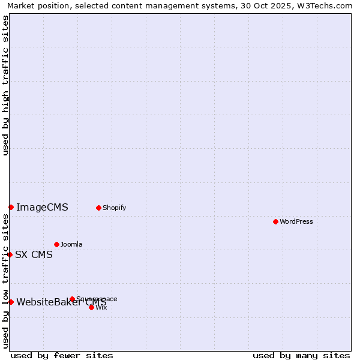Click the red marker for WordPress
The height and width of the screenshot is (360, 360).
click(x=275, y=221)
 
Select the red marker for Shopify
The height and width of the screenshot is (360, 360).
click(x=98, y=208)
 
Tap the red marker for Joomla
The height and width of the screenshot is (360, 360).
click(x=56, y=244)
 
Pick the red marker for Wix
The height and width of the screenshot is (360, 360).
click(x=91, y=307)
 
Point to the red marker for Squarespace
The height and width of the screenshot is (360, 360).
click(x=72, y=299)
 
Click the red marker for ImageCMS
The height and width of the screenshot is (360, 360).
click(x=11, y=207)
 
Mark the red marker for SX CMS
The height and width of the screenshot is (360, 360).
click(x=10, y=254)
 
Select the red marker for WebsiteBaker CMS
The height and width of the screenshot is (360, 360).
click(x=11, y=302)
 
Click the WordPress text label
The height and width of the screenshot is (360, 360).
click(x=296, y=221)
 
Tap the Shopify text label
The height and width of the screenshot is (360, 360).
click(x=114, y=208)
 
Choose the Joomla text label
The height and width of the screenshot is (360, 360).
click(x=71, y=244)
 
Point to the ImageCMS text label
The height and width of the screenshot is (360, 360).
click(x=42, y=208)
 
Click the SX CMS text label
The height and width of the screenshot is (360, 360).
click(x=34, y=254)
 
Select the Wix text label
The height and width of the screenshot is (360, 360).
click(x=101, y=307)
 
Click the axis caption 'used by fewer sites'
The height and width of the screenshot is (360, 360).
click(x=62, y=355)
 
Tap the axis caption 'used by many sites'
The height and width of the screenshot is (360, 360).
click(x=301, y=355)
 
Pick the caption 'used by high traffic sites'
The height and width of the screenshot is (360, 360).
click(x=5, y=86)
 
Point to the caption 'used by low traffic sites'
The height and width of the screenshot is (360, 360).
click(x=5, y=281)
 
